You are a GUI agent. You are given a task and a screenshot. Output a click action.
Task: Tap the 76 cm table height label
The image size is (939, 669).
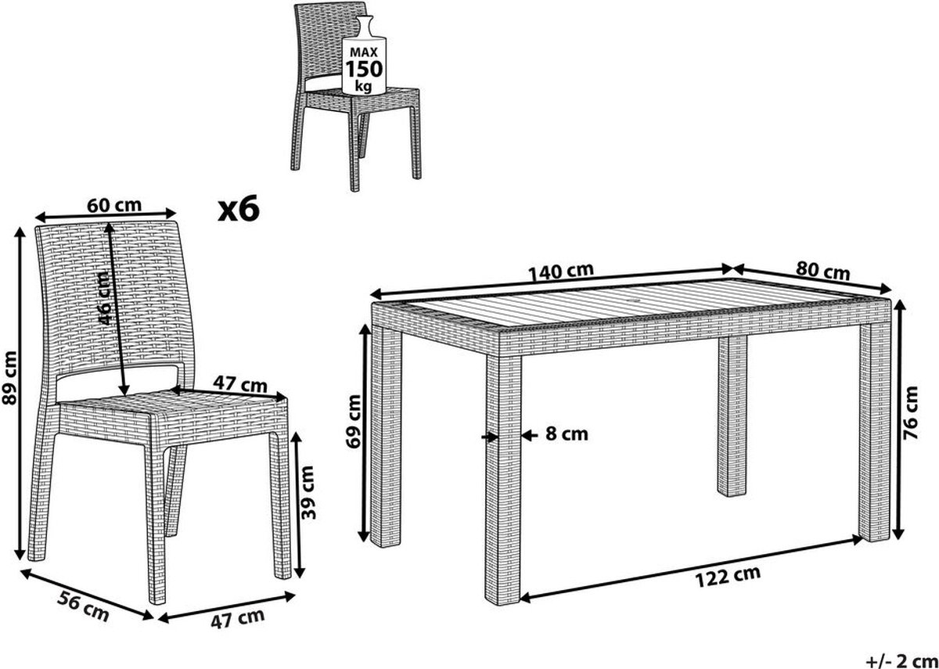point(911,413)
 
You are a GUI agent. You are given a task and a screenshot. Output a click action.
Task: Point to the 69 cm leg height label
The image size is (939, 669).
point(354,421)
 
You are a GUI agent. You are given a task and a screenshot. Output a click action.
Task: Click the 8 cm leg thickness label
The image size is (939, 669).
point(567,434)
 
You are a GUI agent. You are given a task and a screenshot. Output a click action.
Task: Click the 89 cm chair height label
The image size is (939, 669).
point(9,378)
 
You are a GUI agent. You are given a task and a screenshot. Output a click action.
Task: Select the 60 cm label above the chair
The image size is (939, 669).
point(114,205)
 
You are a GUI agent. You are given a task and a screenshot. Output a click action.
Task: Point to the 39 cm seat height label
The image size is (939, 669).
point(308,492)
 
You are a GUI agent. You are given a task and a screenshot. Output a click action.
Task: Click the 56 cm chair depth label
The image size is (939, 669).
point(83,606)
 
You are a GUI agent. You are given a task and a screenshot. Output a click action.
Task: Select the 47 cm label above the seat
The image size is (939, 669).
point(240,384)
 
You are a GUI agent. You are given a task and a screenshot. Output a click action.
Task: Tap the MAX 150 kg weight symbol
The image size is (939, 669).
point(364,56)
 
